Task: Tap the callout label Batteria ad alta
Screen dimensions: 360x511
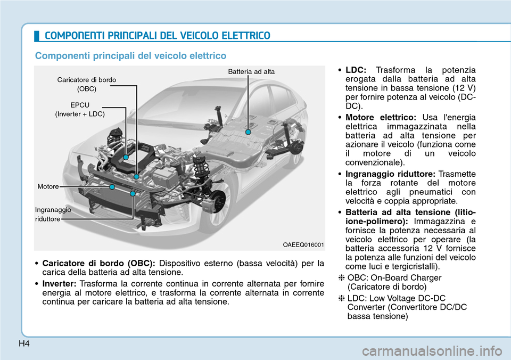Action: coord(251,71)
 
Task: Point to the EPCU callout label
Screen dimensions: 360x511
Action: coord(80,105)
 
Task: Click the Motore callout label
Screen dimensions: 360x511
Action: coord(48,187)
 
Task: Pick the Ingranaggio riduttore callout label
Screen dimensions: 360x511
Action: coord(53,214)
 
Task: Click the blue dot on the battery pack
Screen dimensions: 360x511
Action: coord(248,129)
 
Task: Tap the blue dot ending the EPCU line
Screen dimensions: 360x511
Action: coord(126,158)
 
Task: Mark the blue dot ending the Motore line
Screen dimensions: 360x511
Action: coord(113,187)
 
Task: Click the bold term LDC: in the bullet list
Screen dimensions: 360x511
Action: coord(356,70)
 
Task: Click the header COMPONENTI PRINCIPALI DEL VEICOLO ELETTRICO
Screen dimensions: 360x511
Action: coord(157,36)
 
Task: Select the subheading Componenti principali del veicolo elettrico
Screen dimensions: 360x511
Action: coord(130,55)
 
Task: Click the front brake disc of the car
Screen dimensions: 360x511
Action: coord(215,199)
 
